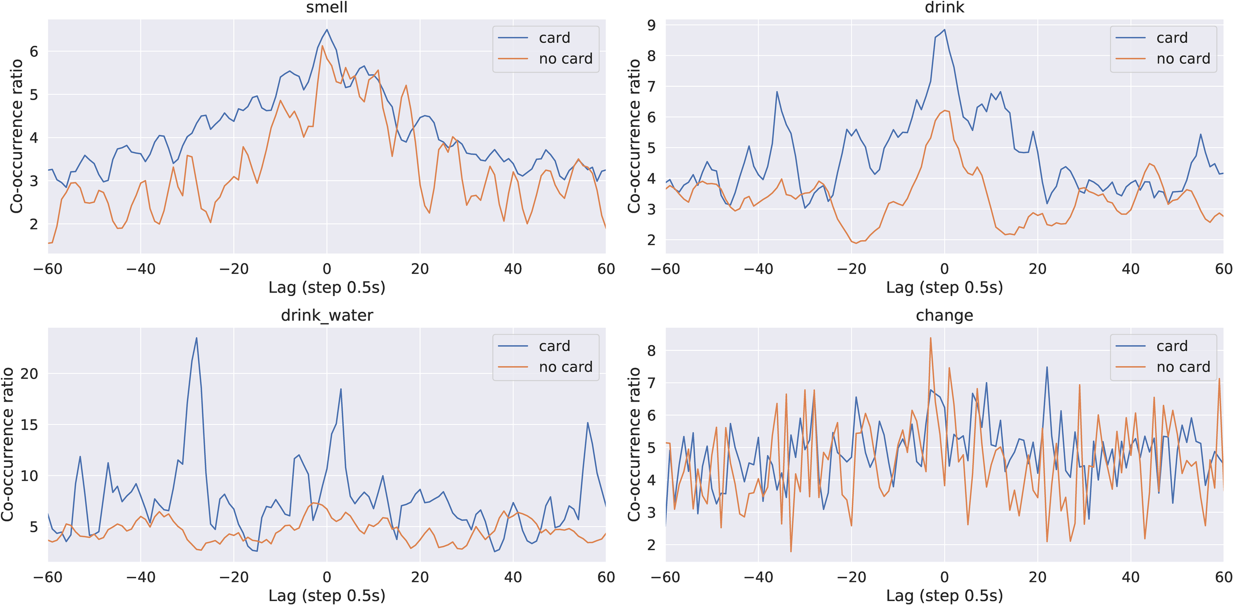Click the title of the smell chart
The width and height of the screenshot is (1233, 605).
326,7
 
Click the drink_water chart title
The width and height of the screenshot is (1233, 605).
326,315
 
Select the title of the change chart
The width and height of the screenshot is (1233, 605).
944,315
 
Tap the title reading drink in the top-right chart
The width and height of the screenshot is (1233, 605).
944,7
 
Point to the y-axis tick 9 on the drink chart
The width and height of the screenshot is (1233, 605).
652,25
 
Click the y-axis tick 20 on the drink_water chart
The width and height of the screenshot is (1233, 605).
29,374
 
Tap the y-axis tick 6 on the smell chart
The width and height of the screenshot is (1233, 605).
34,51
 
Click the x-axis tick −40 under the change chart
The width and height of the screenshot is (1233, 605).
758,577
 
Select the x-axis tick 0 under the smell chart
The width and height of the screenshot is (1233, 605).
326,269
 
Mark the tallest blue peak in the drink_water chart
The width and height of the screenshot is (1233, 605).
196,338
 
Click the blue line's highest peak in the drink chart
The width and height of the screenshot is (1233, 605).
944,30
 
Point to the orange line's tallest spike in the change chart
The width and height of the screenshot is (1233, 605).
930,338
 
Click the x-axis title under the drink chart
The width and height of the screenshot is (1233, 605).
944,288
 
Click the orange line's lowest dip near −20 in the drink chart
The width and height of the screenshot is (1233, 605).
856,243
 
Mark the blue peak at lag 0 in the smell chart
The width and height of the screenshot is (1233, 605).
326,30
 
